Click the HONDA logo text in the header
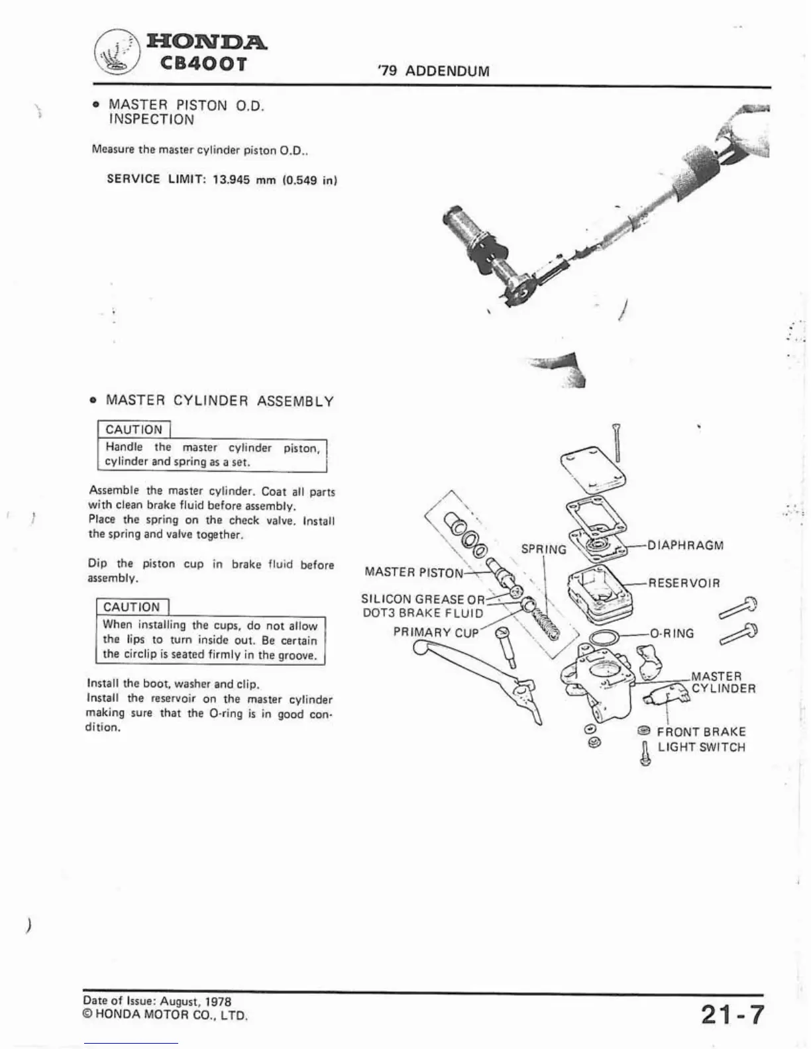pos(207,42)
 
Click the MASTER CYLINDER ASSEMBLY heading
pos(220,401)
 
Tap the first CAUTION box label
pos(134,430)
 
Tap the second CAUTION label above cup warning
pos(132,607)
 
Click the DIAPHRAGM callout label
pos(684,546)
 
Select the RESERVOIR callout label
pos(684,583)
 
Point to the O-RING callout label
pos(672,633)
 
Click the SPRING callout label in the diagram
pos(543,550)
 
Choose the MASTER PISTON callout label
pos(413,572)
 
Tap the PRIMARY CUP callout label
pos(435,632)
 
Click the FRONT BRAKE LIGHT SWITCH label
pos(701,740)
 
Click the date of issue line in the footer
pos(157,1002)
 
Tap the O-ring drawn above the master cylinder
pos(604,638)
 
